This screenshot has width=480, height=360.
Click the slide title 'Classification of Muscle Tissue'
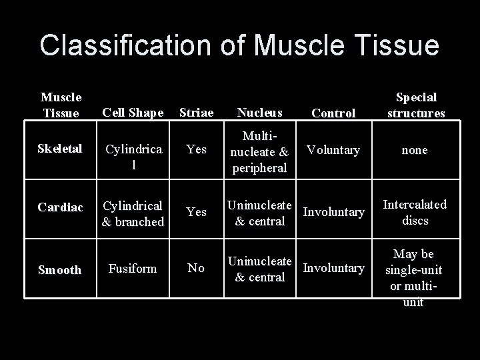coord(239,45)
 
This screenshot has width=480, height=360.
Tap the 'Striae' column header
coord(196,113)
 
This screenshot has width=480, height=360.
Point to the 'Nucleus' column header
coord(259,113)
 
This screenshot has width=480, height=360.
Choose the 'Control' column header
coord(333,113)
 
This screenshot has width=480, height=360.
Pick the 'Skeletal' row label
coord(60,150)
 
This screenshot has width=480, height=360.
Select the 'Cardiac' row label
coord(60,208)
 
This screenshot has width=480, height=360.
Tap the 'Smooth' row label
coord(60,270)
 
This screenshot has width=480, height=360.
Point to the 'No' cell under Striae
coord(196,268)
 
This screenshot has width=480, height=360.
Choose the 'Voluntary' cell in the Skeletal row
coord(333,150)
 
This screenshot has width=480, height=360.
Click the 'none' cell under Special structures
coord(415,151)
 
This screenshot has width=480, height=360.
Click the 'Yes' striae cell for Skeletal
coord(196,150)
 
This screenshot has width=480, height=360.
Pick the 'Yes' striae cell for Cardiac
coord(196,212)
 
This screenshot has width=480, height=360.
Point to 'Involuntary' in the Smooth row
coord(333,268)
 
